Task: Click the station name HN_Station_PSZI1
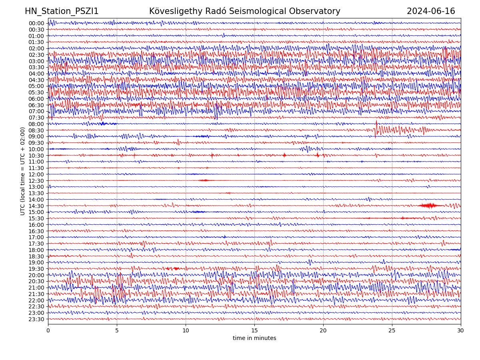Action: click(62, 11)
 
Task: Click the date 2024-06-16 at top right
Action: click(431, 11)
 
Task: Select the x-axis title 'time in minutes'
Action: click(254, 338)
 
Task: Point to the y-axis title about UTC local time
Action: click(23, 171)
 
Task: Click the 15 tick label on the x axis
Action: click(254, 330)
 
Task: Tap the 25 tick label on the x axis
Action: click(392, 330)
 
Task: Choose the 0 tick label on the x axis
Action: click(48, 330)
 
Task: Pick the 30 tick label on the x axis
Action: click(461, 330)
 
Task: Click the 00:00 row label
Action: click(36, 23)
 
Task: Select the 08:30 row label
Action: click(36, 130)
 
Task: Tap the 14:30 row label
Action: click(36, 206)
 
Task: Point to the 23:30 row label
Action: click(36, 319)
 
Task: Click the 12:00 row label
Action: click(36, 174)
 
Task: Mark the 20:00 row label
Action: click(36, 275)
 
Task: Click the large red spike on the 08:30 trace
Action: click(376, 129)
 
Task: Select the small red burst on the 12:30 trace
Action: click(205, 180)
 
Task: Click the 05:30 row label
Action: click(36, 92)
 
